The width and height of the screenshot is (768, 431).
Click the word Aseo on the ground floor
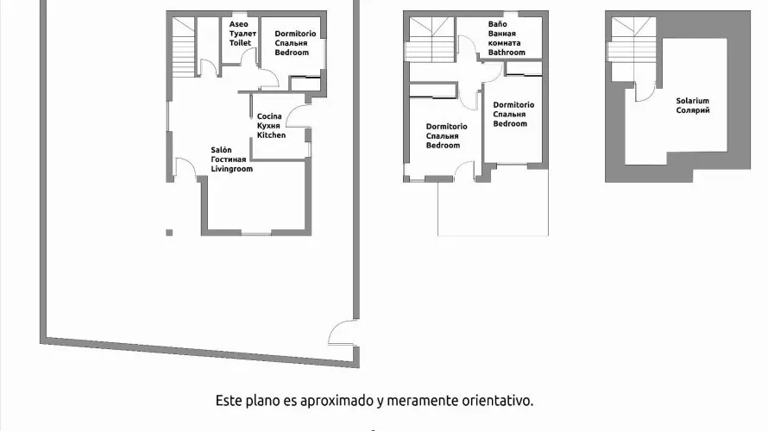(x=238, y=25)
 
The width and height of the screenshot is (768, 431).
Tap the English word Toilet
(x=240, y=42)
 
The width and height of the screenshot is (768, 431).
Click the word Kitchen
(x=271, y=135)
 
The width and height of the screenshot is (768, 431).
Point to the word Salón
(x=221, y=150)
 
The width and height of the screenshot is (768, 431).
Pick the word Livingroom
(x=231, y=169)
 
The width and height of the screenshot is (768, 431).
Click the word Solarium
(x=692, y=101)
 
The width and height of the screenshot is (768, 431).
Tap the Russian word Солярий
(x=692, y=110)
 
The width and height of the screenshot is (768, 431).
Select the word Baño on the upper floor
(x=497, y=25)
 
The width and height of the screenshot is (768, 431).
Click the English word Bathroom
(x=506, y=53)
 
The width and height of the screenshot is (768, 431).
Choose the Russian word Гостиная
(x=229, y=159)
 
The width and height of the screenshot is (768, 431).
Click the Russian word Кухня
(x=268, y=126)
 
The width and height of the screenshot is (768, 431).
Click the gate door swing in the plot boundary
(x=343, y=332)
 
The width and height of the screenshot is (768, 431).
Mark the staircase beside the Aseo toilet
(x=184, y=47)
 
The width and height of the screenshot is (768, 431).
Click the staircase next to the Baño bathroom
(x=429, y=39)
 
